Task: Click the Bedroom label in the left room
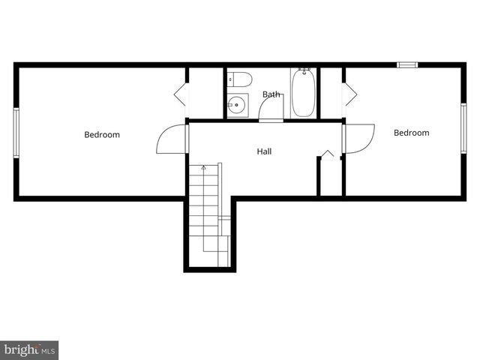coord(102,135)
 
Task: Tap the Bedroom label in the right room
coord(412,133)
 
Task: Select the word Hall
coord(264,151)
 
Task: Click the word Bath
coord(271,94)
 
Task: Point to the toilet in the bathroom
coord(239,79)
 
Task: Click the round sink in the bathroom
coord(237,106)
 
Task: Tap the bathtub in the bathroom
coord(303,93)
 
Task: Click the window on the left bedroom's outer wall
coord(16,132)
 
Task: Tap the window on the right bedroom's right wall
coord(463,127)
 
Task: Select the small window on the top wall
coord(406,65)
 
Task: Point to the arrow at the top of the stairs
coord(203,168)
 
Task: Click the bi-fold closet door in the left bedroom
coord(180,94)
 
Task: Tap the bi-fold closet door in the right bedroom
coord(349,94)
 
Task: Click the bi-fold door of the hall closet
coord(328,155)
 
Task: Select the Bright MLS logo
coord(29,349)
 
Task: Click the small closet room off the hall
coord(331,177)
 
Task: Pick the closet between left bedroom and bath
coord(205,93)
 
